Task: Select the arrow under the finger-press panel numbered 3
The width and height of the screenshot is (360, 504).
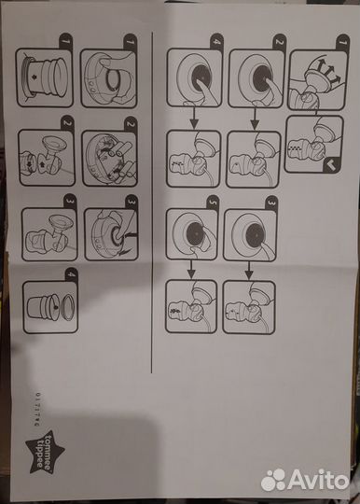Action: pos(248,267)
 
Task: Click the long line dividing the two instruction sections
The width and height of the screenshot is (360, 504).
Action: pos(151,201)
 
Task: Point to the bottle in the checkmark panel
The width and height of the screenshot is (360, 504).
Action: pos(308,145)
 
